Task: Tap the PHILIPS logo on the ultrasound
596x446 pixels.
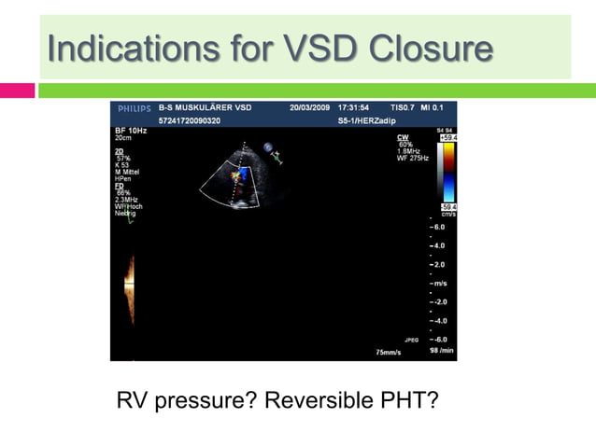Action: point(133,108)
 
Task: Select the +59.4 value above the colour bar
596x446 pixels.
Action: point(447,137)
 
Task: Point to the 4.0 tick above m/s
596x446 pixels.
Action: point(437,246)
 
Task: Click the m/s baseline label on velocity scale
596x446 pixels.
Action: point(437,284)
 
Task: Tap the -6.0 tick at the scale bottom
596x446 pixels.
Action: point(437,339)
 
